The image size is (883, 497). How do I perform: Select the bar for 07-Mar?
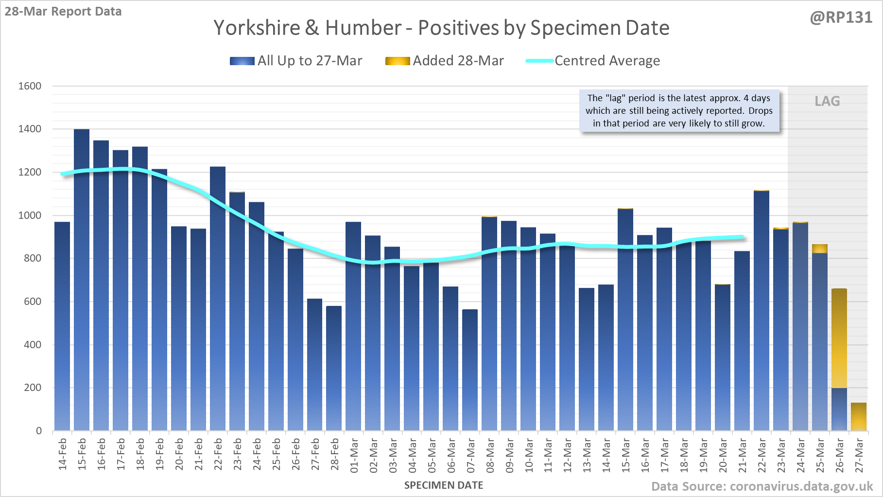click(470, 370)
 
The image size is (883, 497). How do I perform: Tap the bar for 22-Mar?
click(762, 311)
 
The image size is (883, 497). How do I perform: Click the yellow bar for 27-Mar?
click(859, 417)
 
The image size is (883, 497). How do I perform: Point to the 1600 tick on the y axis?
click(30, 86)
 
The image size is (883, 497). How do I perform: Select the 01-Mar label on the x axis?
click(354, 455)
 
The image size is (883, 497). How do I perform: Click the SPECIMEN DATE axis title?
click(444, 485)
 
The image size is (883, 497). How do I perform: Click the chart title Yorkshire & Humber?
click(441, 28)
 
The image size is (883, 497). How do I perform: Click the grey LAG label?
click(827, 101)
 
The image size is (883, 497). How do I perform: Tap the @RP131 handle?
click(841, 18)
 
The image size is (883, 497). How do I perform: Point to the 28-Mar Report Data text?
click(63, 11)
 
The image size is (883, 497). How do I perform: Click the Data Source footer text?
click(762, 486)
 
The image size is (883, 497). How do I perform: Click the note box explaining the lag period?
click(679, 111)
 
